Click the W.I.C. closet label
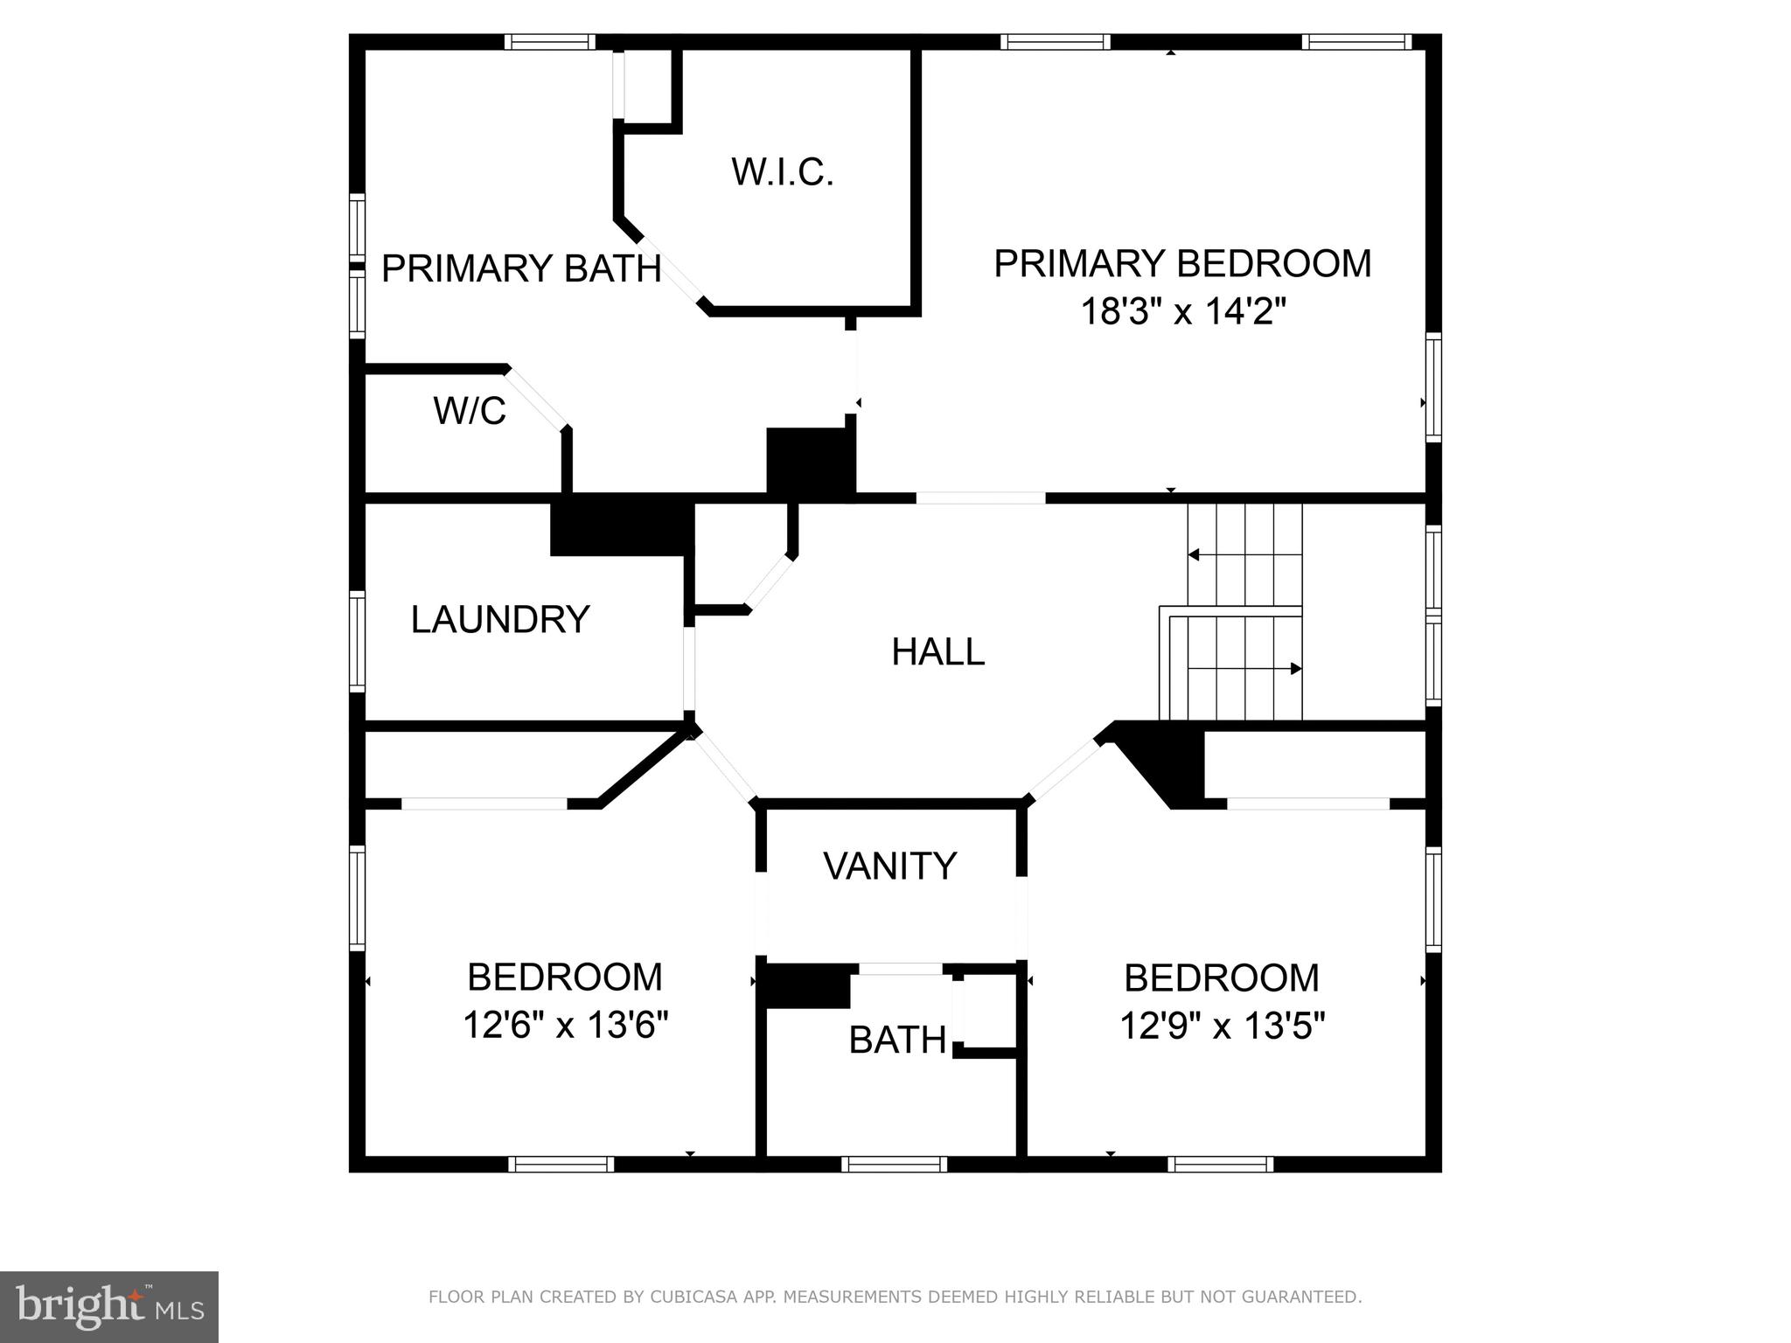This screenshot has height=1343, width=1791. (783, 172)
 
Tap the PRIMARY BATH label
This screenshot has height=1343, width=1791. (521, 268)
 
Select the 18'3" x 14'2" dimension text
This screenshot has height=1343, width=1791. (1183, 311)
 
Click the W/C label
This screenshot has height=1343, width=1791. (470, 411)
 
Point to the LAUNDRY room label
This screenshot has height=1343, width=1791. (500, 620)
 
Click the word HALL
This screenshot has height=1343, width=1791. (937, 652)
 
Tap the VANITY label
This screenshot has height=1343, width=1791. (890, 866)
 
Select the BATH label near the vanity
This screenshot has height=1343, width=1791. (897, 1040)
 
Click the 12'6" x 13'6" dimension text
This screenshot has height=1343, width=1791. (565, 1025)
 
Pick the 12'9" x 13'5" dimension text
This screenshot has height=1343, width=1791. (1222, 1026)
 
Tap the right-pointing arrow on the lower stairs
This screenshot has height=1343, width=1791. (1296, 669)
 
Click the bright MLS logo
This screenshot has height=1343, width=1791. (109, 1307)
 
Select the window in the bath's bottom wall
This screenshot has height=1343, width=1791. (894, 1164)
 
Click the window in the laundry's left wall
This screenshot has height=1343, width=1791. (357, 641)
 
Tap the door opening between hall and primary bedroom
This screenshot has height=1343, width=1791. (980, 498)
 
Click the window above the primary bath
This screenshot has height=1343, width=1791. (549, 42)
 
